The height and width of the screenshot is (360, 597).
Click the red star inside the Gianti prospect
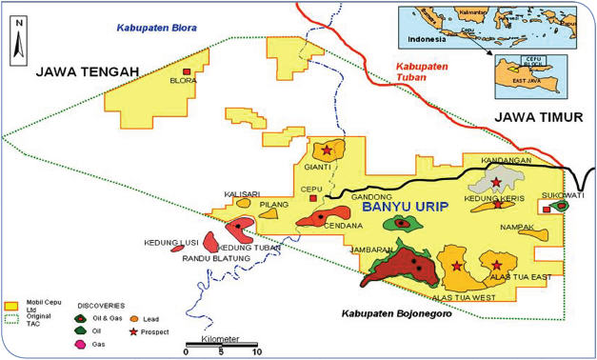328,150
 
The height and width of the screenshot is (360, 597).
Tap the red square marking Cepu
314,199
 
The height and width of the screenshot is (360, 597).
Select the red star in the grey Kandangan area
495,182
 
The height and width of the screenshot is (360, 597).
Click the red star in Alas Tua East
496,265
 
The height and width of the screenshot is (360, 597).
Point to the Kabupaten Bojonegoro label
393,312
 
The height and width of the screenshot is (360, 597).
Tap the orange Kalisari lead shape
244,202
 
